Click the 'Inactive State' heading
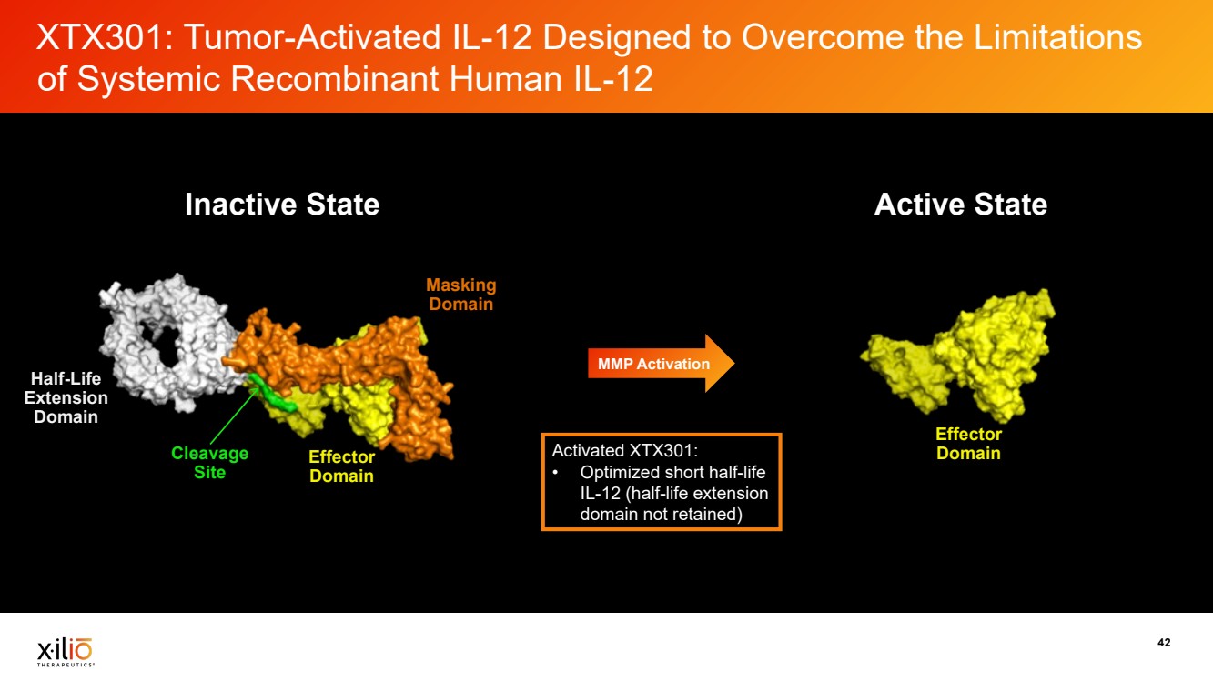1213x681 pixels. click(x=282, y=205)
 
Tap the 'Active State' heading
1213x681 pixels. click(x=961, y=205)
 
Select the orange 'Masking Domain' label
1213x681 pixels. click(x=460, y=295)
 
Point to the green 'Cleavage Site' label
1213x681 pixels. click(x=209, y=463)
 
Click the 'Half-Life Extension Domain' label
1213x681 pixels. click(x=66, y=397)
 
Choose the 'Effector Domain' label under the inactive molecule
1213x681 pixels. click(x=342, y=466)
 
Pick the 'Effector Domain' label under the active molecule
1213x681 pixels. click(x=969, y=444)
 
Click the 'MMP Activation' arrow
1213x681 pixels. click(x=662, y=364)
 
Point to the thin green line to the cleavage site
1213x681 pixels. click(x=234, y=416)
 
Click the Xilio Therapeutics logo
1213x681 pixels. click(x=65, y=652)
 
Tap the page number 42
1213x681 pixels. click(x=1164, y=643)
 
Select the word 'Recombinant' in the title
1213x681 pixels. click(x=335, y=79)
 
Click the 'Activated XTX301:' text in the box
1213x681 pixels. click(x=625, y=450)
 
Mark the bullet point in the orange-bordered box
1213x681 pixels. click(x=556, y=473)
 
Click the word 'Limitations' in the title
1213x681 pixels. click(x=1057, y=38)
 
